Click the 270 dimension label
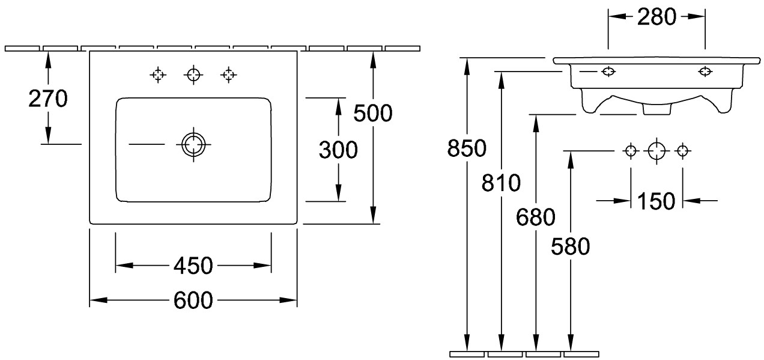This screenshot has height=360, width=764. (48, 99)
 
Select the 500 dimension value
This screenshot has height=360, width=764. (373, 114)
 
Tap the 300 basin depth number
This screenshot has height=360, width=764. (338, 150)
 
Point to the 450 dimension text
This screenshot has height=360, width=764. (193, 266)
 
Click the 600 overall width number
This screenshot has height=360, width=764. (193, 301)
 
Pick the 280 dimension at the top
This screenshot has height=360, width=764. (656, 17)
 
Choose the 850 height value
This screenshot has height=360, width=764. (467, 148)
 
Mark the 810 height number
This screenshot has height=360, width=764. (501, 183)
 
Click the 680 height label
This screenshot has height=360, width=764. (536, 218)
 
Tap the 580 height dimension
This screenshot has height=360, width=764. (570, 246)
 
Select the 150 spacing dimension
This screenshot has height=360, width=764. (656, 201)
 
